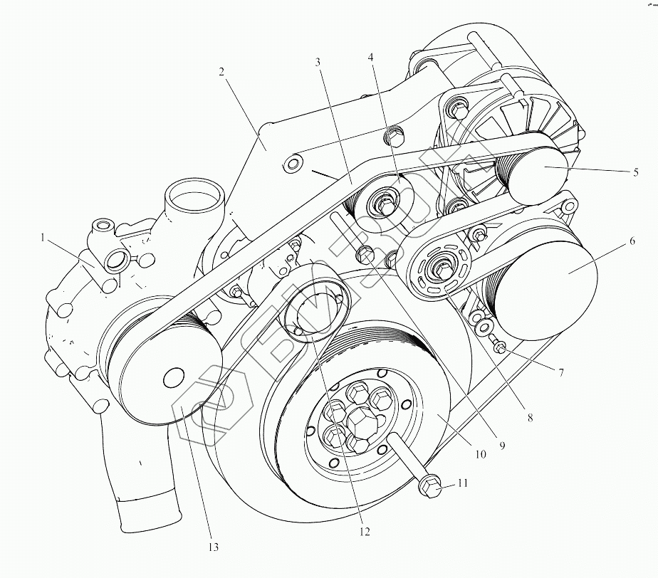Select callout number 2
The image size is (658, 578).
(222, 72)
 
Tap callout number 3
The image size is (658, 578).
(318, 63)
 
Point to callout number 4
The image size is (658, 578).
(370, 56)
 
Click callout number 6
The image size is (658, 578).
(632, 241)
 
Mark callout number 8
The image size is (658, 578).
(529, 418)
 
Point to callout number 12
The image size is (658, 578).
(365, 531)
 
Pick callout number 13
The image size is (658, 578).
(212, 547)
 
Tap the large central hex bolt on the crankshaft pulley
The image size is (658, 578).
(360, 423)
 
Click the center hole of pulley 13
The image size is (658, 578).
(173, 377)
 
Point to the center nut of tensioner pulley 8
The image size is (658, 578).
(442, 270)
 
